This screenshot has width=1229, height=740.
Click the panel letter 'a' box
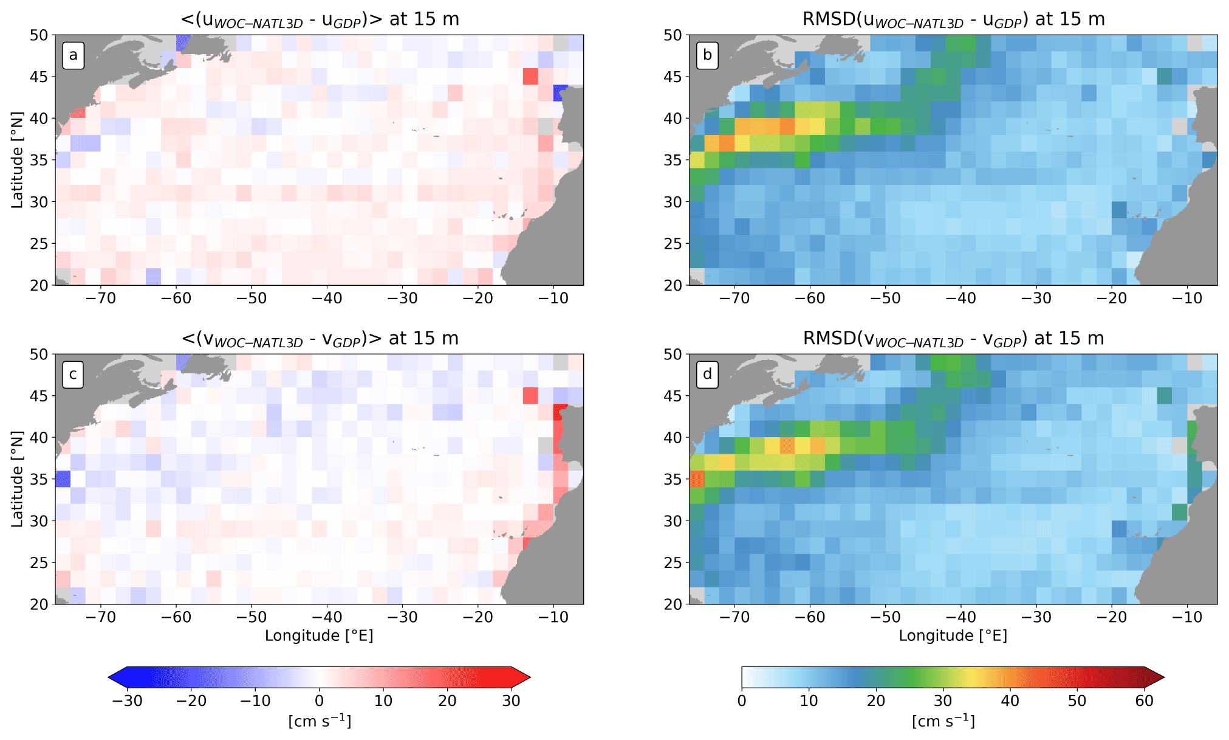click(74, 56)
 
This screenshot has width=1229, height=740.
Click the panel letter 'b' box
click(707, 56)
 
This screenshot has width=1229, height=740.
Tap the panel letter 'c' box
click(74, 375)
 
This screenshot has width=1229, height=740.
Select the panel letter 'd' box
click(707, 375)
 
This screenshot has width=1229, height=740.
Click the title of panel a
click(320, 19)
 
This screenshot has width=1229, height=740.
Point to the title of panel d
click(953, 338)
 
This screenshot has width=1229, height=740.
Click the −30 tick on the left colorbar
click(128, 700)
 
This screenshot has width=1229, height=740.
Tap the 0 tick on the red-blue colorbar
click(320, 700)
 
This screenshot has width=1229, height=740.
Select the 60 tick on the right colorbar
click(1144, 700)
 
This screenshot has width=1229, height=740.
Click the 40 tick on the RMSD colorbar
click(1010, 700)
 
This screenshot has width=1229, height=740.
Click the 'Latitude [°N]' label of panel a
click(17, 160)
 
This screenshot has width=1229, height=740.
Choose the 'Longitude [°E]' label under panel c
click(320, 635)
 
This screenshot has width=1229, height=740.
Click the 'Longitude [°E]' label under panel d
click(953, 635)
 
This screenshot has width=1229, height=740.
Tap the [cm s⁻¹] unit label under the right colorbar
click(943, 721)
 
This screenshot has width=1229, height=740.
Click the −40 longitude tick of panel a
click(327, 299)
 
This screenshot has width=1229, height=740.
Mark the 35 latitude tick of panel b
click(673, 160)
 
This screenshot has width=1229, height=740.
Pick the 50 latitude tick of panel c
click(39, 354)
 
